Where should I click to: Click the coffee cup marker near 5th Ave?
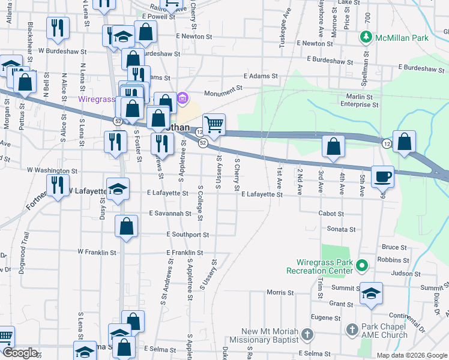click(382, 176)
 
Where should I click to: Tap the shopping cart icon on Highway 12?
click(214, 125)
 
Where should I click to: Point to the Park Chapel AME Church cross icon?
click(352, 329)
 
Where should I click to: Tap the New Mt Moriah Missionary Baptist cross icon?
click(307, 333)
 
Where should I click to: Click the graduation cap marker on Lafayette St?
click(118, 188)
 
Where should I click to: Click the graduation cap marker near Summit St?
click(371, 293)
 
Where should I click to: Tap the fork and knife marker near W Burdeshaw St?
click(58, 28)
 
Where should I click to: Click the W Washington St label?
click(52, 170)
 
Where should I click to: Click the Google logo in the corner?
click(20, 353)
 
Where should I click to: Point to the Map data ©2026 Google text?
click(411, 355)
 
